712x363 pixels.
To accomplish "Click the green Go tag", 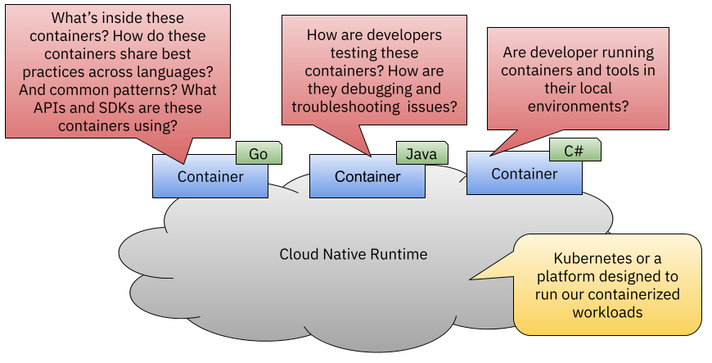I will tap(259, 153).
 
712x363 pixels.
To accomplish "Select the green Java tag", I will tap(421, 153).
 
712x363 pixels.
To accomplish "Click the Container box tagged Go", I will tap(210, 177).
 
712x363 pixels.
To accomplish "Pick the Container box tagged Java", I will tap(367, 177).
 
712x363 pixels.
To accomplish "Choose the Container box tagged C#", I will tap(525, 174).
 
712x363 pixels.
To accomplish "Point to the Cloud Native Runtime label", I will tap(354, 254).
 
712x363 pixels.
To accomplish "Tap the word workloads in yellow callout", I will tap(607, 312).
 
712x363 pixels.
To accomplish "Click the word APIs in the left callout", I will tap(56, 107).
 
